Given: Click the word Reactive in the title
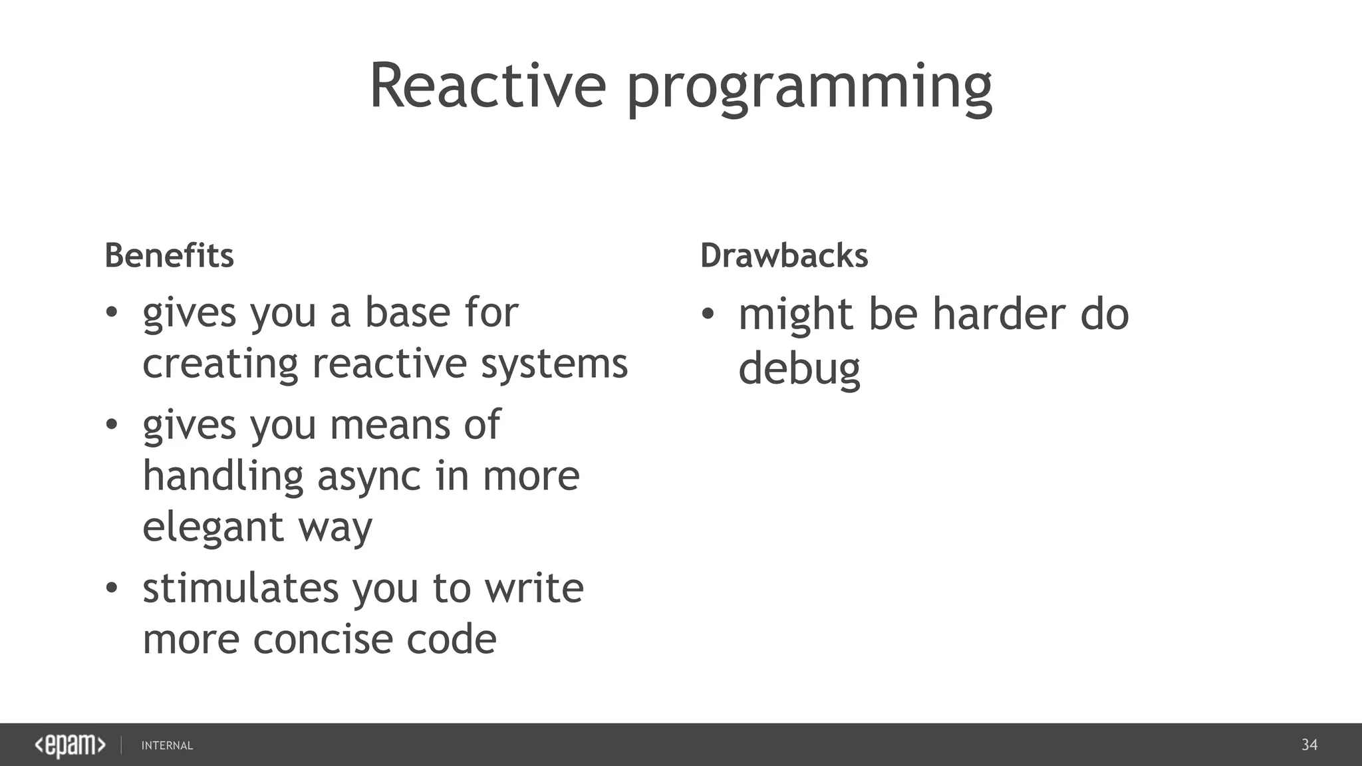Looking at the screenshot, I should coord(487,86).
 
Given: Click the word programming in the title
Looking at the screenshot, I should coord(809,90).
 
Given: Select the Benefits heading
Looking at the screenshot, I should coord(169,256).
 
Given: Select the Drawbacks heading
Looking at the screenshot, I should coord(784,256).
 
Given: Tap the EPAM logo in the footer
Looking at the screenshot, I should coord(70,745).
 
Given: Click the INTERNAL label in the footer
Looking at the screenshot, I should coord(167,746).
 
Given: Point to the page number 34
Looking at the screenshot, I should coord(1309,745).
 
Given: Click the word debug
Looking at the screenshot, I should coord(799,370).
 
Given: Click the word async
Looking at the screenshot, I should coord(369,477).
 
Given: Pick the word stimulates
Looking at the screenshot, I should coord(240,588).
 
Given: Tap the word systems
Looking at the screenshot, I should coord(554,365).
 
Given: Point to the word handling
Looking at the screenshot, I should coord(223,477).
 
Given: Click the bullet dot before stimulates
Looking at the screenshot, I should coord(112,588).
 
